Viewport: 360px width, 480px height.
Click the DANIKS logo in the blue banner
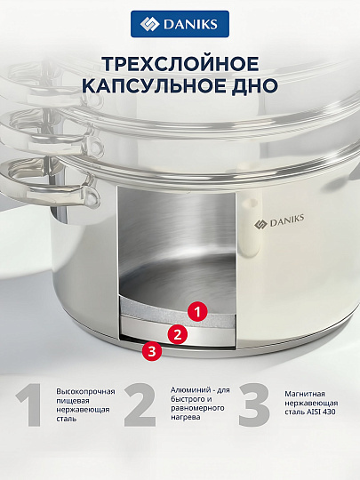[180, 26]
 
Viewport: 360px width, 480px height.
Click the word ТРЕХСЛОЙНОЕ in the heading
[180, 64]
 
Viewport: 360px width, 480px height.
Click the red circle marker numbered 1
[199, 312]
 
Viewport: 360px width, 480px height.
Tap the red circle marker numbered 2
[177, 334]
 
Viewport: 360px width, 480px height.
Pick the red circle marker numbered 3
[152, 351]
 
